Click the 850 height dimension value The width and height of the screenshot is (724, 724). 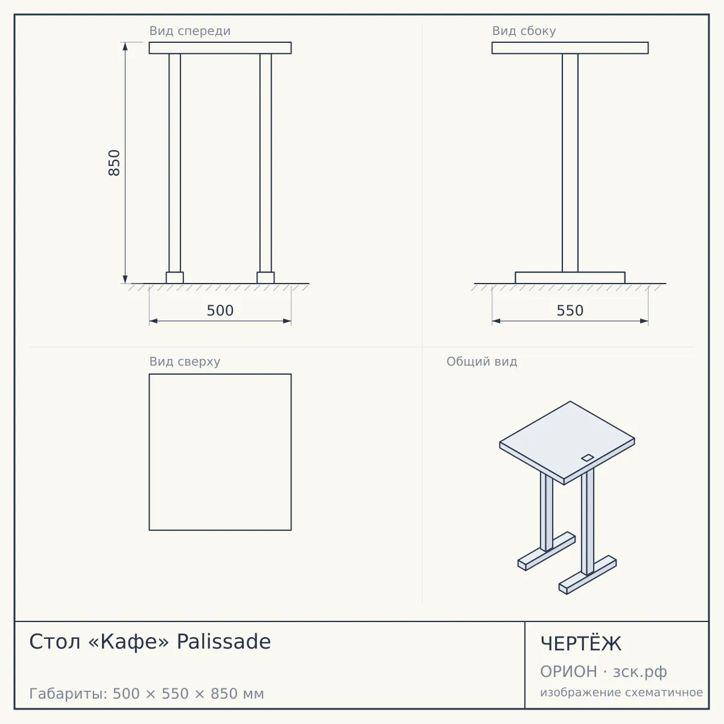tap(114, 163)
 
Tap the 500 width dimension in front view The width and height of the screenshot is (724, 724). tap(220, 310)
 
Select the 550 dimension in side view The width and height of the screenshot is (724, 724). tap(570, 310)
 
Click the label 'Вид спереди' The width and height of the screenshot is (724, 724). tap(189, 31)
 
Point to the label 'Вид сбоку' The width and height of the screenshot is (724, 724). tap(524, 31)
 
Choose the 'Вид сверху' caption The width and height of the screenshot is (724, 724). tap(185, 361)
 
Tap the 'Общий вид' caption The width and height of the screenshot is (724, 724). tap(481, 361)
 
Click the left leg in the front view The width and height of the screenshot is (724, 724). tap(175, 163)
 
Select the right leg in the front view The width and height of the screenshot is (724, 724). tap(265, 163)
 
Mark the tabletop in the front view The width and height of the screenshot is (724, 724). tap(220, 48)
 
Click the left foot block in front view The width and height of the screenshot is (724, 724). tap(175, 278)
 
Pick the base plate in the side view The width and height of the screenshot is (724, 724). tap(570, 278)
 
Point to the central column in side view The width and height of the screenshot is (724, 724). tap(570, 163)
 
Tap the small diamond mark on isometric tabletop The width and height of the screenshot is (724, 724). tap(588, 457)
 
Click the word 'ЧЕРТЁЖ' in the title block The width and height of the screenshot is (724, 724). tap(581, 644)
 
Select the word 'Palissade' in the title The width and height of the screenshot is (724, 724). tap(224, 641)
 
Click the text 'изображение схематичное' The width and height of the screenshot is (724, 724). tap(621, 692)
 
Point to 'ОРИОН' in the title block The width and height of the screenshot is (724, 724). tap(568, 672)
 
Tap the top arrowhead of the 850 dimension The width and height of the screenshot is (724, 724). tap(125, 46)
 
